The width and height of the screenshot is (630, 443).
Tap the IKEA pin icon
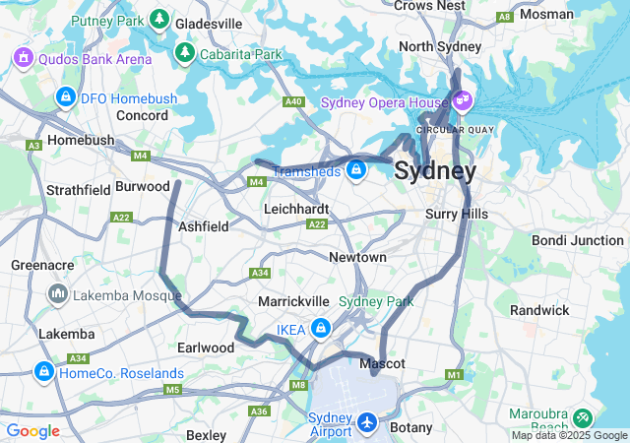tap(321, 328)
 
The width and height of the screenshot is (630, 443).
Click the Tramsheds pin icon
tap(356, 171)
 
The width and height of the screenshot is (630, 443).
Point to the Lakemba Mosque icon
tap(57, 293)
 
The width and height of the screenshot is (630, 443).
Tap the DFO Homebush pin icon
tap(66, 97)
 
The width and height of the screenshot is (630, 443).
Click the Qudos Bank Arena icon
tap(23, 58)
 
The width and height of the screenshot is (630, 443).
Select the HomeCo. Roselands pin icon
tap(42, 372)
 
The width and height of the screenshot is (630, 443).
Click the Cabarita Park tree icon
tap(183, 52)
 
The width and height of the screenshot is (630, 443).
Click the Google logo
tap(32, 431)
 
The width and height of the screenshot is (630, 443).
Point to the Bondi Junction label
tap(578, 240)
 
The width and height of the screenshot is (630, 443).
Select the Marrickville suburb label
tap(292, 300)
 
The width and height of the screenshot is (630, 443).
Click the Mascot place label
tap(382, 364)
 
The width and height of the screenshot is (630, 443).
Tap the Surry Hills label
tap(457, 214)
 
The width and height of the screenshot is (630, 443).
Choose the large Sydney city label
tap(435, 171)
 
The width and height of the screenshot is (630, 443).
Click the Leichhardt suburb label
tap(296, 210)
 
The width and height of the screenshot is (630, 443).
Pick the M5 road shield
tap(172, 391)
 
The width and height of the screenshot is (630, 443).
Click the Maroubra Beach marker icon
tap(582, 417)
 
